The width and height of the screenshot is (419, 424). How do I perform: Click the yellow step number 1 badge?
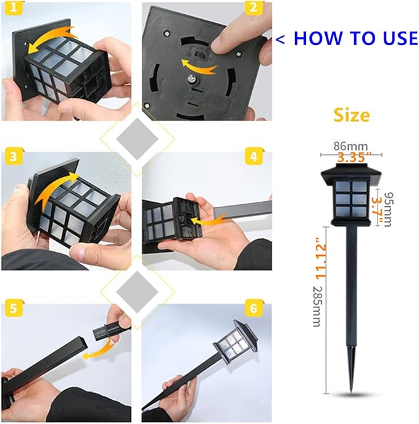pos(14,8)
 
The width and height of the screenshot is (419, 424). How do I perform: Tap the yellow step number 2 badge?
pos(254,8)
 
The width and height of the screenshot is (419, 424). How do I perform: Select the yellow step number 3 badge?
pos(14,157)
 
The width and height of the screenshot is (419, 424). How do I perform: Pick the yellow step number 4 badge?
pos(254,156)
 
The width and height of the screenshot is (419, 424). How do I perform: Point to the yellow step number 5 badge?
pos(14,308)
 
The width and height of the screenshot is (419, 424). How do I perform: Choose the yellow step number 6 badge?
pos(254,308)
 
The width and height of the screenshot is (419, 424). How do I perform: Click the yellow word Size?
pos(351,115)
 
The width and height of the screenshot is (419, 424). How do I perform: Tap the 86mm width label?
pos(351,146)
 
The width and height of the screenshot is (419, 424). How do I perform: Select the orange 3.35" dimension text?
pos(354,157)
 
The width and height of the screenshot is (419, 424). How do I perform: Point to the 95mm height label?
pos(388,209)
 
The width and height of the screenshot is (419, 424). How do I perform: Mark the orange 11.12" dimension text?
pos(322,258)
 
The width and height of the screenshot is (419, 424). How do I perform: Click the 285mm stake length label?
pos(317,306)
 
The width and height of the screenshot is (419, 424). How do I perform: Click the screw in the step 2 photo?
pos(193,79)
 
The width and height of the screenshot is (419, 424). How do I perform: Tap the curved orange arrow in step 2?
pos(199,66)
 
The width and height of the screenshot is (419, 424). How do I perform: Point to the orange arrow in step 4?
pos(207,219)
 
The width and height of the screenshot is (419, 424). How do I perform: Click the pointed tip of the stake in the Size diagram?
pos(351,393)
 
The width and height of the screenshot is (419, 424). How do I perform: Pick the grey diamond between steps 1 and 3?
pos(138,139)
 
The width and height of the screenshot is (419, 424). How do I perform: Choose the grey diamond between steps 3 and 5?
pos(138,292)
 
